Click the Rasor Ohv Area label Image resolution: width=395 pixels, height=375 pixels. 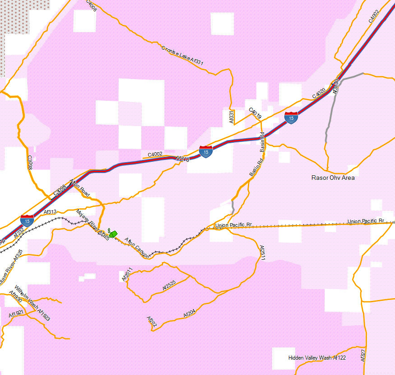pos(333,178)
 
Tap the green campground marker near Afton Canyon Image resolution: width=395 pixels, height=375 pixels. pos(113,234)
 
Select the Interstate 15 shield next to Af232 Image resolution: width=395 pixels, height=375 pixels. pos(27,220)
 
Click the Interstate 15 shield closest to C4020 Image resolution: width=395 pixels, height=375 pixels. pos(291,117)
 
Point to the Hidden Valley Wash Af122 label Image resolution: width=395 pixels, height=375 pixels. pos(317,358)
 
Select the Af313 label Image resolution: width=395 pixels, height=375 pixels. pos(50,211)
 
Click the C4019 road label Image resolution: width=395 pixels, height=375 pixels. pos(255,113)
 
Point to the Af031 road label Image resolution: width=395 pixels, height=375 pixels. pos(232,117)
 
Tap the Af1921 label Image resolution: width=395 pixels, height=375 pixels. pos(16,314)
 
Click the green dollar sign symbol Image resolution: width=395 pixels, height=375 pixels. pos(109,230)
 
